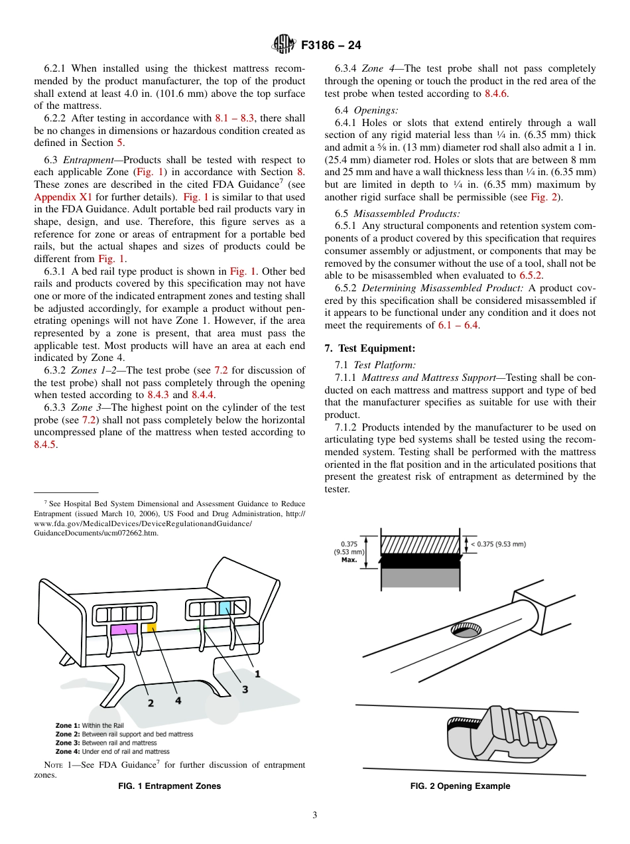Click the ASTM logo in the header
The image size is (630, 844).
(284, 46)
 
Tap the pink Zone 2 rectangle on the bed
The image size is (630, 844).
(123, 630)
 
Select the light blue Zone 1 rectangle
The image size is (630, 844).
(225, 607)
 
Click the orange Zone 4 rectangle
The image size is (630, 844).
(152, 627)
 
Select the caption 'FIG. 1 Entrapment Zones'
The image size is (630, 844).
(169, 786)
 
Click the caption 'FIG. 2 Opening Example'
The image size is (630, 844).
(460, 786)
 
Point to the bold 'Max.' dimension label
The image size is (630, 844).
(349, 559)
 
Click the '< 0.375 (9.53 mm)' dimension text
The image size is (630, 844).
(498, 544)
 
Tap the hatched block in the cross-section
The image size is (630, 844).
(420, 545)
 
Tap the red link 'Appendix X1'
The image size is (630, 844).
(56, 197)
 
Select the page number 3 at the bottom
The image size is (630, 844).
(315, 815)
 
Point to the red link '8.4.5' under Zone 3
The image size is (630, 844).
(45, 445)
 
